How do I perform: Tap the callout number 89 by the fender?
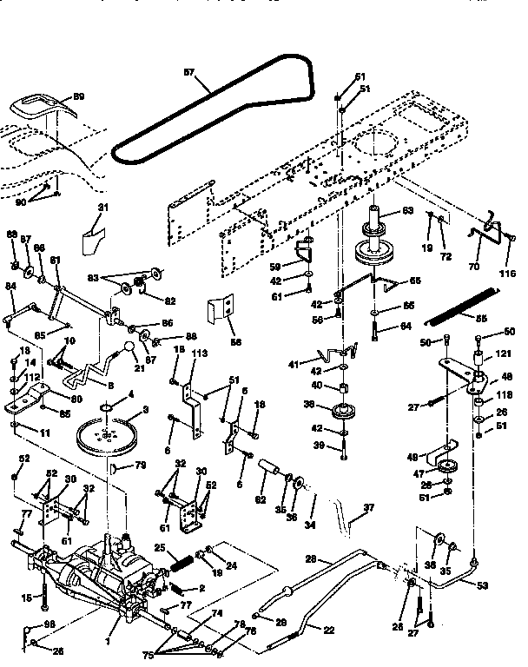[78, 96]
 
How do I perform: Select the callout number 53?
[483, 586]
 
